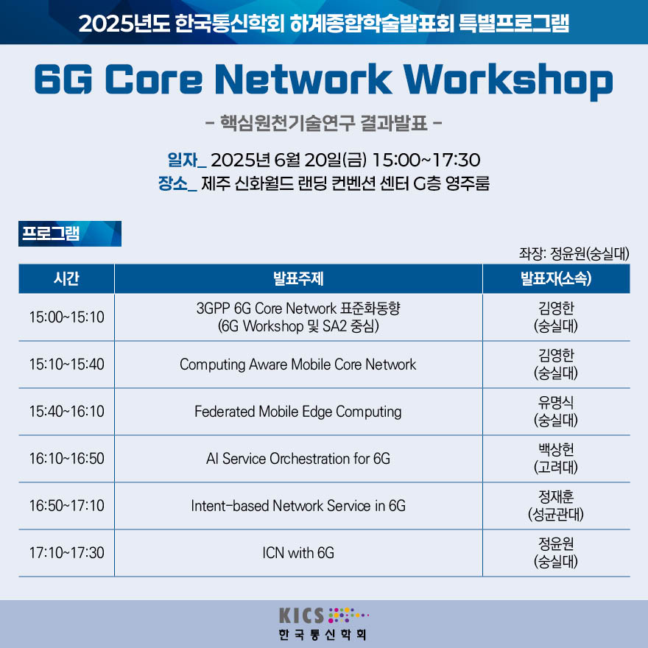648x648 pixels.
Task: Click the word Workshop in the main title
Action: pyautogui.click(x=508, y=80)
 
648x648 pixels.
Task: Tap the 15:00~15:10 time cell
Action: pyautogui.click(x=66, y=317)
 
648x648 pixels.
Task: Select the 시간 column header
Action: pyautogui.click(x=66, y=278)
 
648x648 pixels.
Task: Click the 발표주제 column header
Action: pyautogui.click(x=298, y=278)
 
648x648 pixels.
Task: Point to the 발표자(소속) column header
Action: pyautogui.click(x=556, y=278)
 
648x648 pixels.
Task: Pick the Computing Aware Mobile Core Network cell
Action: pyautogui.click(x=298, y=364)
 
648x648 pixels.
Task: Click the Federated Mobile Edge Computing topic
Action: pyautogui.click(x=298, y=412)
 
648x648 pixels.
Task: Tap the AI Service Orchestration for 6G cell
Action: pyautogui.click(x=298, y=459)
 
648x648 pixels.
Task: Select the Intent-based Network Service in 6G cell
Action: pyautogui.click(x=298, y=506)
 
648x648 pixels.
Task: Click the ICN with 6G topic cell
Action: pyautogui.click(x=298, y=553)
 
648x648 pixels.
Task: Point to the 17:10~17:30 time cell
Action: pyautogui.click(x=66, y=553)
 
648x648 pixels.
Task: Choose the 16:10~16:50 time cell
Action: pyautogui.click(x=66, y=459)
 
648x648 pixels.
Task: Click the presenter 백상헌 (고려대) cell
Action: pyautogui.click(x=556, y=458)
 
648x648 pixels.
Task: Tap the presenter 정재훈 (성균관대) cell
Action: pyautogui.click(x=556, y=505)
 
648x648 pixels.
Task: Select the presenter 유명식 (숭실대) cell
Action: pyautogui.click(x=556, y=411)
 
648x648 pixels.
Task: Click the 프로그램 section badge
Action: pyautogui.click(x=70, y=234)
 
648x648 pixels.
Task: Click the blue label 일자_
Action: pyautogui.click(x=186, y=161)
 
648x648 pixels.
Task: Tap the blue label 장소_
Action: pyautogui.click(x=177, y=183)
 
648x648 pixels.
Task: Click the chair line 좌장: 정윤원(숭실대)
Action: pyautogui.click(x=574, y=253)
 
